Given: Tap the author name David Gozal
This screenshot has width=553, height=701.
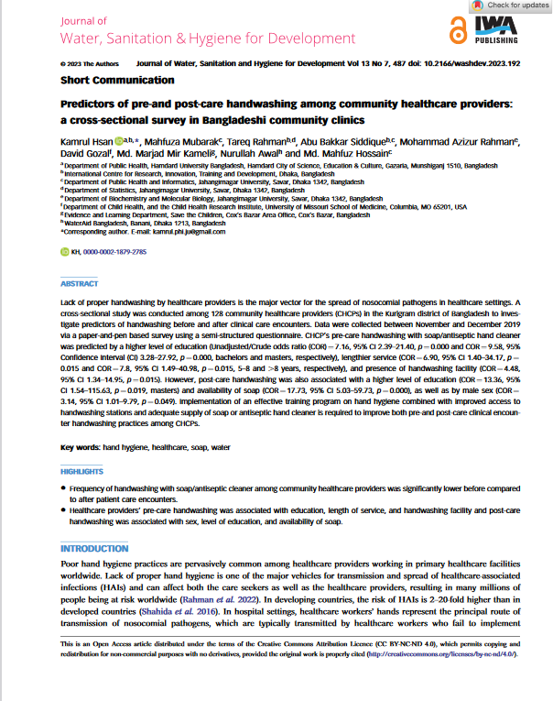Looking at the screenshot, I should [x=83, y=155].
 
